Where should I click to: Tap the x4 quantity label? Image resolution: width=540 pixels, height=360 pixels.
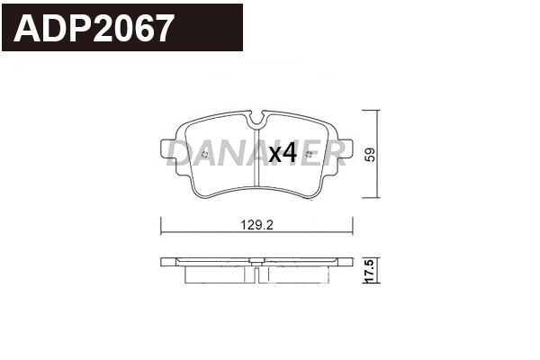pos(283,155)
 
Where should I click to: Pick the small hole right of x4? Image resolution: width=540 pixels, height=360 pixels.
pos(310,155)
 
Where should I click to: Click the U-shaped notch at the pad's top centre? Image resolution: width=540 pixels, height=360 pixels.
pos(257,116)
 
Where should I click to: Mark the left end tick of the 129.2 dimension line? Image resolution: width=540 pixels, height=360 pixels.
pos(160,226)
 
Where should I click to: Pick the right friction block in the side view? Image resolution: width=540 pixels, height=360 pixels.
pos(297,275)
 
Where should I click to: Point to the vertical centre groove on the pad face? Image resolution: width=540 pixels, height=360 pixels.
pos(257,166)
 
